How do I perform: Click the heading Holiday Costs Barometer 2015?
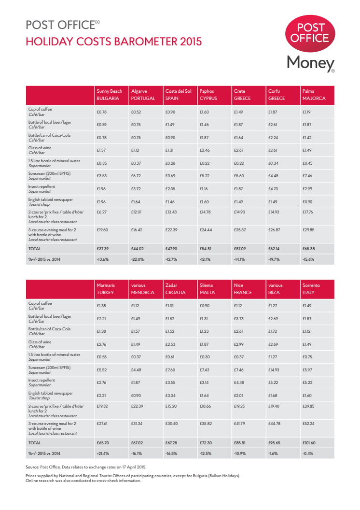[x=113, y=42]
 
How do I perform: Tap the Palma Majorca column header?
[x=314, y=94]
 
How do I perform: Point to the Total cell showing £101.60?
[x=309, y=442]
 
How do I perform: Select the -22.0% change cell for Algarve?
[x=137, y=259]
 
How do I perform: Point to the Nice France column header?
[x=242, y=289]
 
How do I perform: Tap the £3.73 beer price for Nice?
[x=239, y=318]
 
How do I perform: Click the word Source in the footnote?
[x=32, y=467]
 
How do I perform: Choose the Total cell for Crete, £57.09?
[x=240, y=249]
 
